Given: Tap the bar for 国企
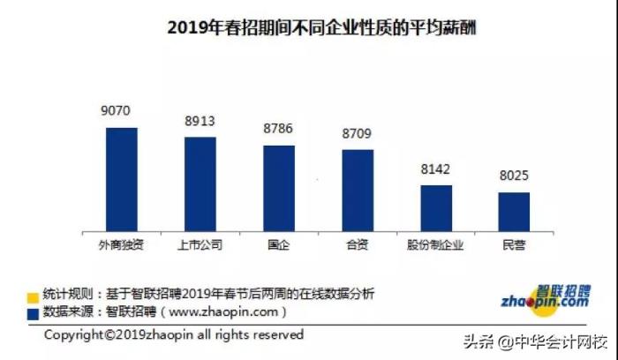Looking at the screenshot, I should pos(279,188).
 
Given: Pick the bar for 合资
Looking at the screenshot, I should pos(358,190).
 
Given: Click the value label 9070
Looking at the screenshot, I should pos(117,112).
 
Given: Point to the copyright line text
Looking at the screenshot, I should pos(174,335).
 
